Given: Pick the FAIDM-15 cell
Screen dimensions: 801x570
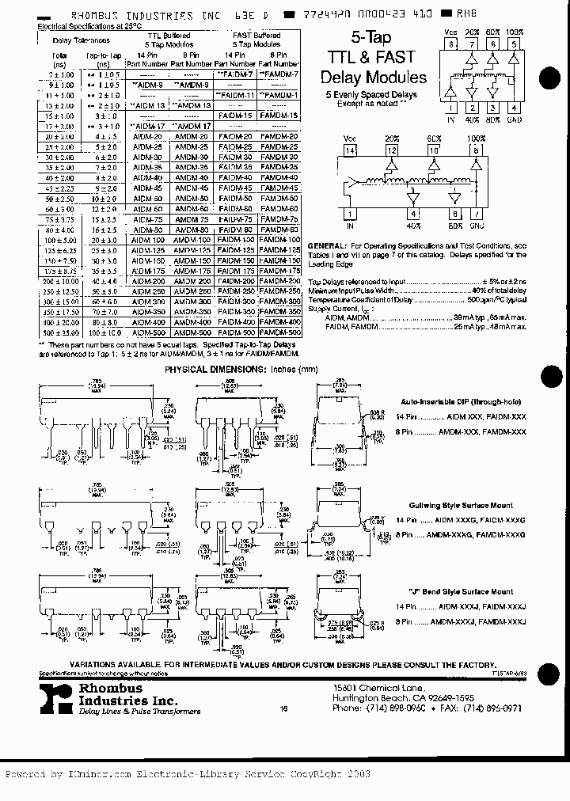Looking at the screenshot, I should (x=235, y=116).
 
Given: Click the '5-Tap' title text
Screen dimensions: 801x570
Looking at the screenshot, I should (x=373, y=40).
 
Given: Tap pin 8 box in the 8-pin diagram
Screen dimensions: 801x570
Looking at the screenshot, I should (x=451, y=45).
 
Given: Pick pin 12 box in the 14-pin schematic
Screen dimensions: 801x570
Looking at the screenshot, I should (x=390, y=150).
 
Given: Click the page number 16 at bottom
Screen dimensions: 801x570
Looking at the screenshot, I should (x=283, y=709).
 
